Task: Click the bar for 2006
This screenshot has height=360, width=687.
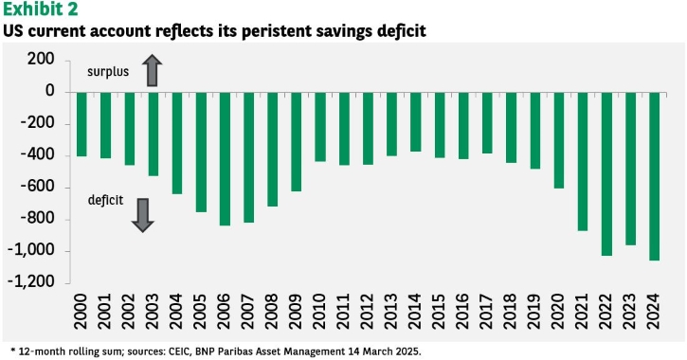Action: [225, 159]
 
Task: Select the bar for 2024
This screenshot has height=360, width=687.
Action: [655, 176]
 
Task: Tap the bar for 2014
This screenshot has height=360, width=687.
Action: [416, 122]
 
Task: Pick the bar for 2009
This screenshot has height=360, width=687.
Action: [297, 142]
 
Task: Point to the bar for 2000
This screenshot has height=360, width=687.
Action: [81, 124]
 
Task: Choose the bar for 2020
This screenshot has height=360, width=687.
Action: [559, 140]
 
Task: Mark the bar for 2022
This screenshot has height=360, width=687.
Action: [606, 174]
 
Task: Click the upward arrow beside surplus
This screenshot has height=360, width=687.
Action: [152, 70]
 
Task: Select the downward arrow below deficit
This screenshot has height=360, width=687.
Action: [143, 215]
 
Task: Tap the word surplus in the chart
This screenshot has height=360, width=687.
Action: [108, 72]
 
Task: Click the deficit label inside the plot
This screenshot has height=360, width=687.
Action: [105, 200]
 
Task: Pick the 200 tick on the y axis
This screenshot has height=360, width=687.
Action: [41, 59]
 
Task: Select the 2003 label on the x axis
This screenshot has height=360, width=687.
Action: [153, 312]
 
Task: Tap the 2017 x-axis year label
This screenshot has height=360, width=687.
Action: [487, 312]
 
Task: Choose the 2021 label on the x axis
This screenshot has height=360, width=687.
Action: [583, 312]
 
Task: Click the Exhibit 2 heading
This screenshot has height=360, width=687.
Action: [41, 9]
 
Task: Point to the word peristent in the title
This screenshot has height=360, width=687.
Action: [268, 31]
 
